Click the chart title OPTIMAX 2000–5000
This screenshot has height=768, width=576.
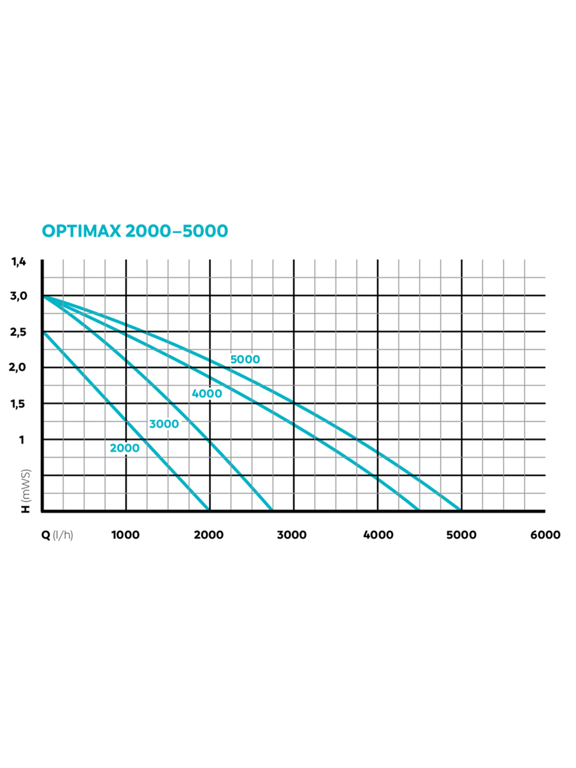point(134,231)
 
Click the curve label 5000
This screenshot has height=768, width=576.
point(245,360)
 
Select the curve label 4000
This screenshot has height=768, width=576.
point(207,394)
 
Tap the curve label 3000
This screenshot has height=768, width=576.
point(164,424)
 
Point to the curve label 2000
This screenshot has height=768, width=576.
point(124,448)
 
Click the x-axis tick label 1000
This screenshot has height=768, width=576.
point(125,535)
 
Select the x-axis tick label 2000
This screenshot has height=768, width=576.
point(209,535)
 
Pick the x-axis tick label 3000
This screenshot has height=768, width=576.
point(294,535)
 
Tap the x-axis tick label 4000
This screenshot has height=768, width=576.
point(378,535)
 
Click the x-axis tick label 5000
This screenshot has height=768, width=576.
point(461,535)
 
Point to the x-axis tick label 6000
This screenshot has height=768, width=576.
point(545,535)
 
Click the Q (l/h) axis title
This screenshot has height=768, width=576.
point(58,535)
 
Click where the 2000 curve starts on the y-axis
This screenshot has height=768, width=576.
point(43,332)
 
